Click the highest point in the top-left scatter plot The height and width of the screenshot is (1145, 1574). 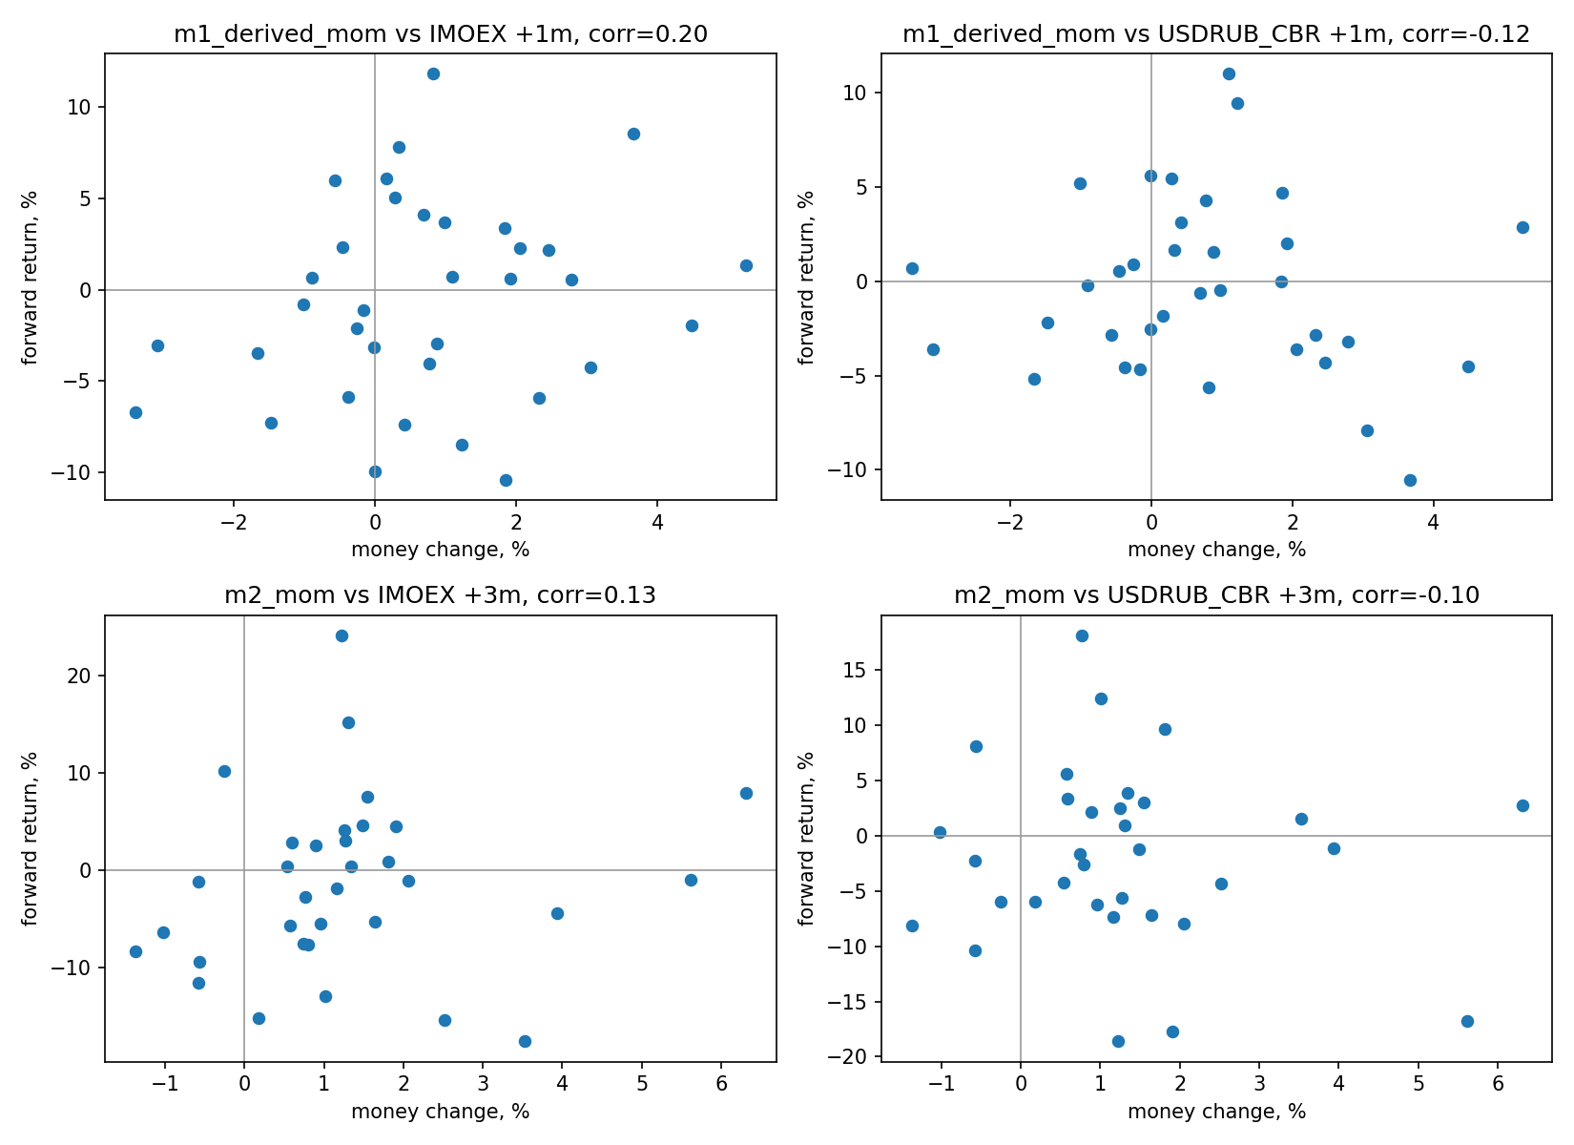pyautogui.click(x=433, y=73)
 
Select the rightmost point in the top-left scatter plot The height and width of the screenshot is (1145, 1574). pyautogui.click(x=746, y=265)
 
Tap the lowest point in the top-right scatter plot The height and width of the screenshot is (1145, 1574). pyautogui.click(x=1410, y=481)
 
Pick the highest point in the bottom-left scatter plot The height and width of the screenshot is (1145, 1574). pyautogui.click(x=342, y=636)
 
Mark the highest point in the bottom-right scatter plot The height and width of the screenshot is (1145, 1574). pyautogui.click(x=1082, y=636)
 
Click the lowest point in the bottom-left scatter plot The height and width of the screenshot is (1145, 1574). pyautogui.click(x=525, y=1042)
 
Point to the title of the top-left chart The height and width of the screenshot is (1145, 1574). pyautogui.click(x=441, y=33)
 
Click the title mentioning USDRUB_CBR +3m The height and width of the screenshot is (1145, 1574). pyautogui.click(x=1217, y=595)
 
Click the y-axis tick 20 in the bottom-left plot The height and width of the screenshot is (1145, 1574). pyautogui.click(x=79, y=677)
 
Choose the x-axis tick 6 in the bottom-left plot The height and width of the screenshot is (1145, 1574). pyautogui.click(x=721, y=1084)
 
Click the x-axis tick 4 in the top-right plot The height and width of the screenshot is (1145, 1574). pyautogui.click(x=1434, y=522)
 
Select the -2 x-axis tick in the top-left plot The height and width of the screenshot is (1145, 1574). pyautogui.click(x=234, y=522)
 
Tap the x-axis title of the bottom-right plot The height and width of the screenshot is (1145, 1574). pyautogui.click(x=1217, y=1112)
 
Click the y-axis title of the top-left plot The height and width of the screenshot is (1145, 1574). pyautogui.click(x=29, y=278)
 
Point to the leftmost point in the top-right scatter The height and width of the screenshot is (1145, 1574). pyautogui.click(x=912, y=268)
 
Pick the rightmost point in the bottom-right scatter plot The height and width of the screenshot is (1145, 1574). pyautogui.click(x=1522, y=805)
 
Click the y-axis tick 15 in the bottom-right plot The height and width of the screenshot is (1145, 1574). pyautogui.click(x=855, y=671)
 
